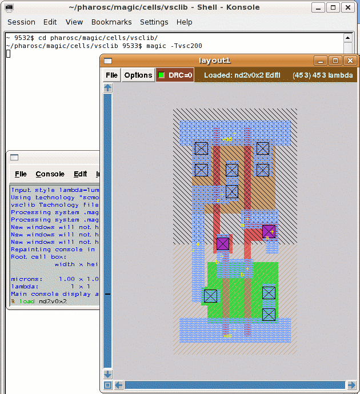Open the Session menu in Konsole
coord(21,22)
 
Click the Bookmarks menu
coord(111,22)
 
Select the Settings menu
coord(154,22)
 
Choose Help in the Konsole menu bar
coord(184,22)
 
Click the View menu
coord(74,22)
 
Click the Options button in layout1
coord(138,75)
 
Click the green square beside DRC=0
coord(162,75)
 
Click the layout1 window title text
coord(214,61)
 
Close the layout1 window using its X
coord(350,61)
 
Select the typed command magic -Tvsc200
coord(174,46)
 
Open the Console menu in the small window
coord(50,174)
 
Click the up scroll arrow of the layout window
coord(107,88)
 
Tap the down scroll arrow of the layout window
coord(107,374)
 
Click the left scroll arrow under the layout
coord(119,385)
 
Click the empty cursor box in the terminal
coord(9,54)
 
